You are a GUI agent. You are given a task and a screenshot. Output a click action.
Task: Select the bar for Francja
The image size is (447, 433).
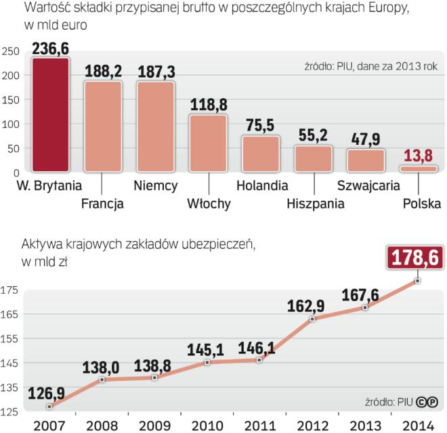pos(103,126)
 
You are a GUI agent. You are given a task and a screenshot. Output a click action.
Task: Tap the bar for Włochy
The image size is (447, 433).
pos(208,142)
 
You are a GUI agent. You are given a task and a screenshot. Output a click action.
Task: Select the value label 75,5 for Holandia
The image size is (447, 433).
pos(261,127)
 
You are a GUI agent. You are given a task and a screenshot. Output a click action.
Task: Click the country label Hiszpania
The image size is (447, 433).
pos(314,202)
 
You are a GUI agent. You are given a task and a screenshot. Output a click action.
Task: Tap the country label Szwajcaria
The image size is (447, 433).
pos(368,185)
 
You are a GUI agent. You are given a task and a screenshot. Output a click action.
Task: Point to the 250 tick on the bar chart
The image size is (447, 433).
pos(9,51)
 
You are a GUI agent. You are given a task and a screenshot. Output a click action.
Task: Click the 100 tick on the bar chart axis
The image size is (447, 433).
pos(9,124)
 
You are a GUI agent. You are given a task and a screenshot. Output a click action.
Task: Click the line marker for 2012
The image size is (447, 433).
pos(313,319)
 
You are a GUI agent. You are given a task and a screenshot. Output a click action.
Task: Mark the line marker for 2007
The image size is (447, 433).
pos(49,406)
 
